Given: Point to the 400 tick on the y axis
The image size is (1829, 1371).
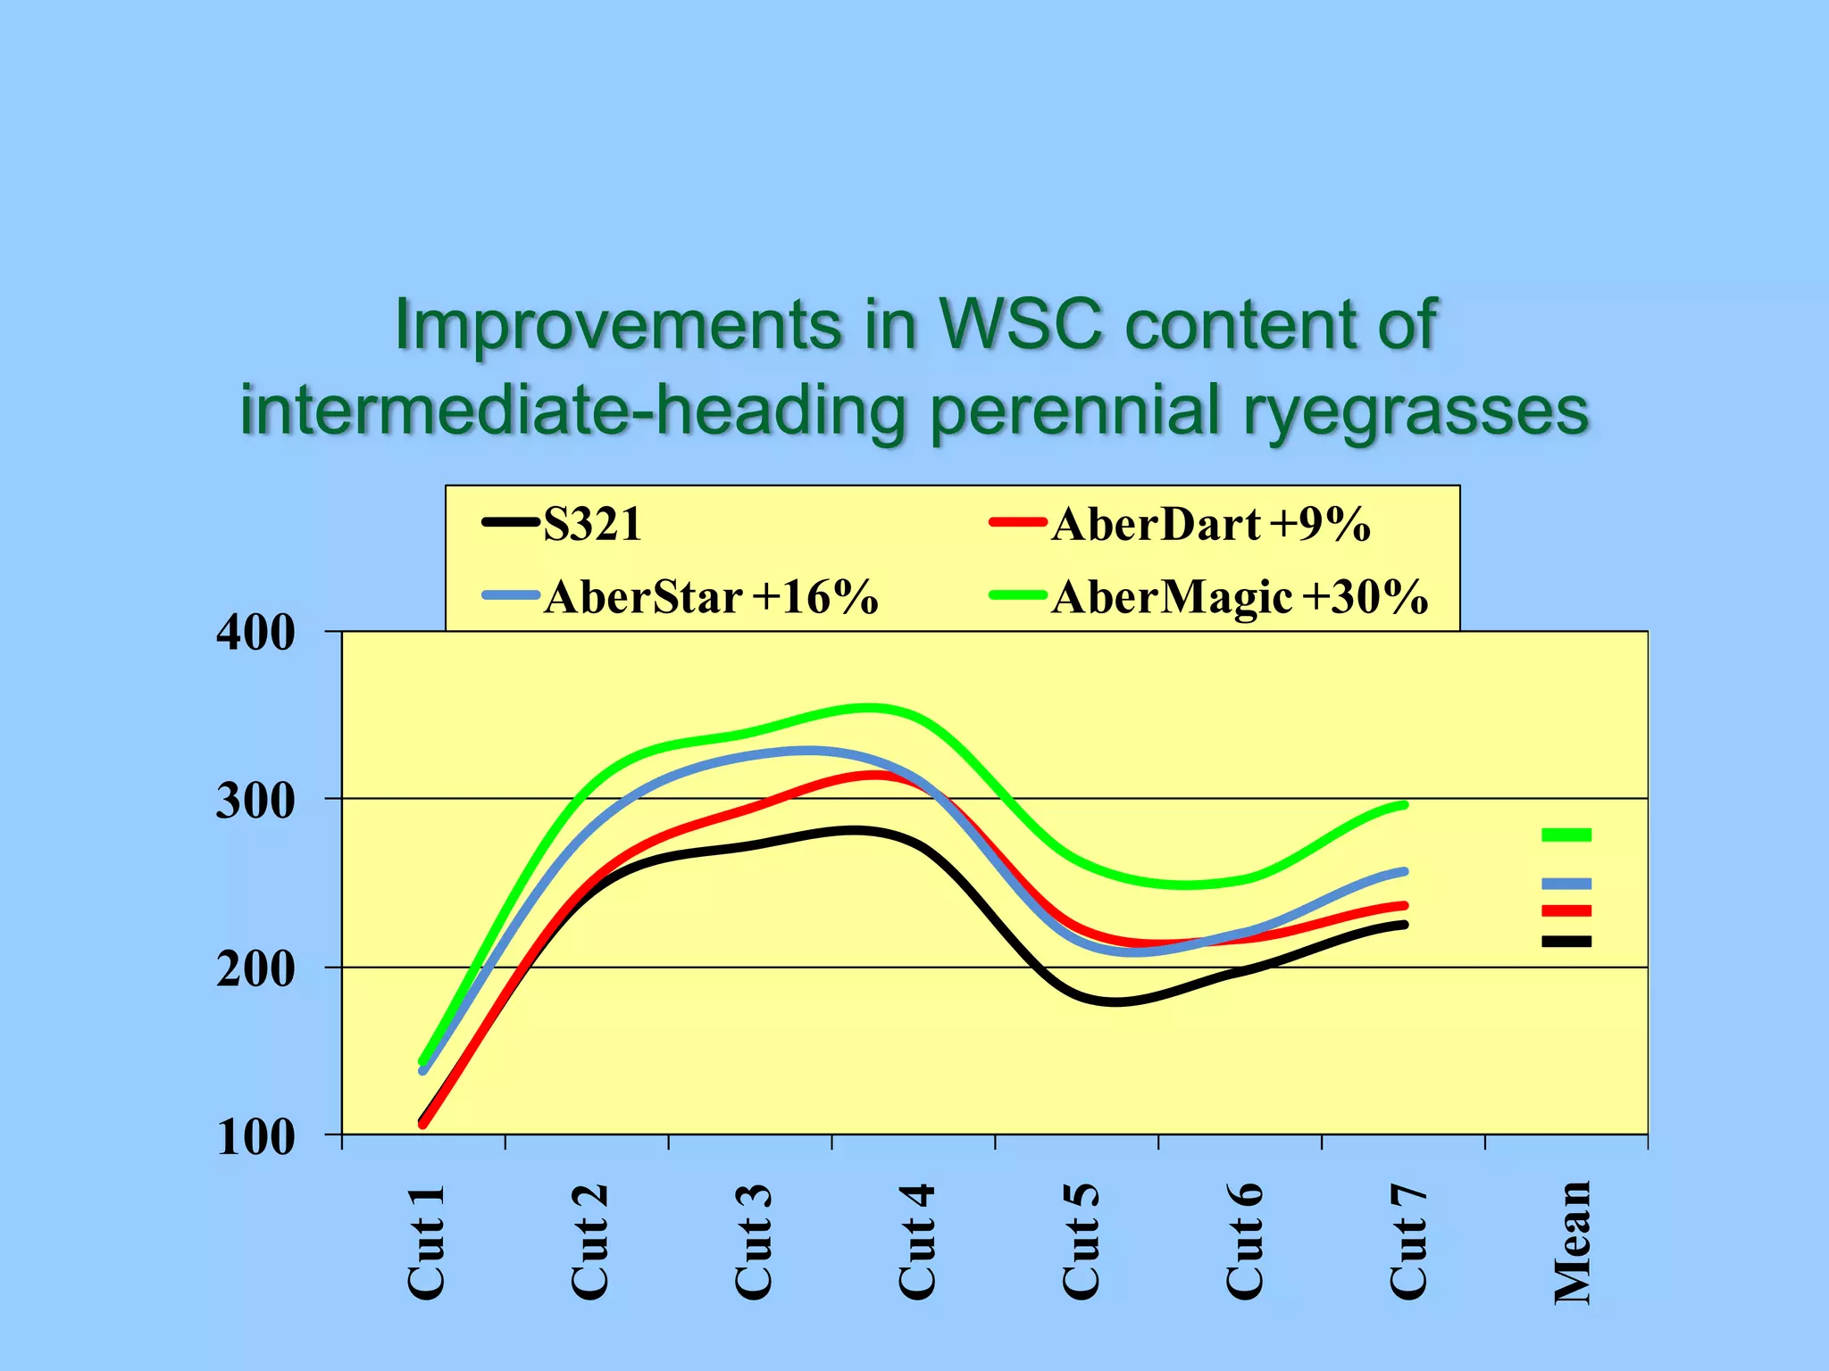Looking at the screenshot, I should [255, 633].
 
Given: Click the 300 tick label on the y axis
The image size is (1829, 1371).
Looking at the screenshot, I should [255, 801].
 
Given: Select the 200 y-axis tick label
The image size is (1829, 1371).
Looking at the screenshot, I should [255, 968].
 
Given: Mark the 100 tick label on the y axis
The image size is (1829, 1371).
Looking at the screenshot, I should [255, 1137].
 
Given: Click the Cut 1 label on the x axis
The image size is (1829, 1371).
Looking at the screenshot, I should [426, 1242].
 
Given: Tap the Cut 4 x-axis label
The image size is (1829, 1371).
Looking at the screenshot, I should [917, 1242].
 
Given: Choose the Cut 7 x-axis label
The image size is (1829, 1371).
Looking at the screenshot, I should [1408, 1242].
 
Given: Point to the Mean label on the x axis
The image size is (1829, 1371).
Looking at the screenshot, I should [1573, 1242].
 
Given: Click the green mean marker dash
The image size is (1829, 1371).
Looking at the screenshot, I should [1566, 835].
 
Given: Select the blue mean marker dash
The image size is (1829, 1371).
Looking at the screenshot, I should [1566, 884].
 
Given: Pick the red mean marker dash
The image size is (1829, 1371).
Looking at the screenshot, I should [1566, 910].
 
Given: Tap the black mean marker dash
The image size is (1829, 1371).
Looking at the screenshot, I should [1566, 941].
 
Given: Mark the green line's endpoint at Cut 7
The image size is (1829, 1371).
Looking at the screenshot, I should [1405, 805].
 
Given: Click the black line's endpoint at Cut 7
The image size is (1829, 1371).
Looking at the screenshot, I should [1405, 925].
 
